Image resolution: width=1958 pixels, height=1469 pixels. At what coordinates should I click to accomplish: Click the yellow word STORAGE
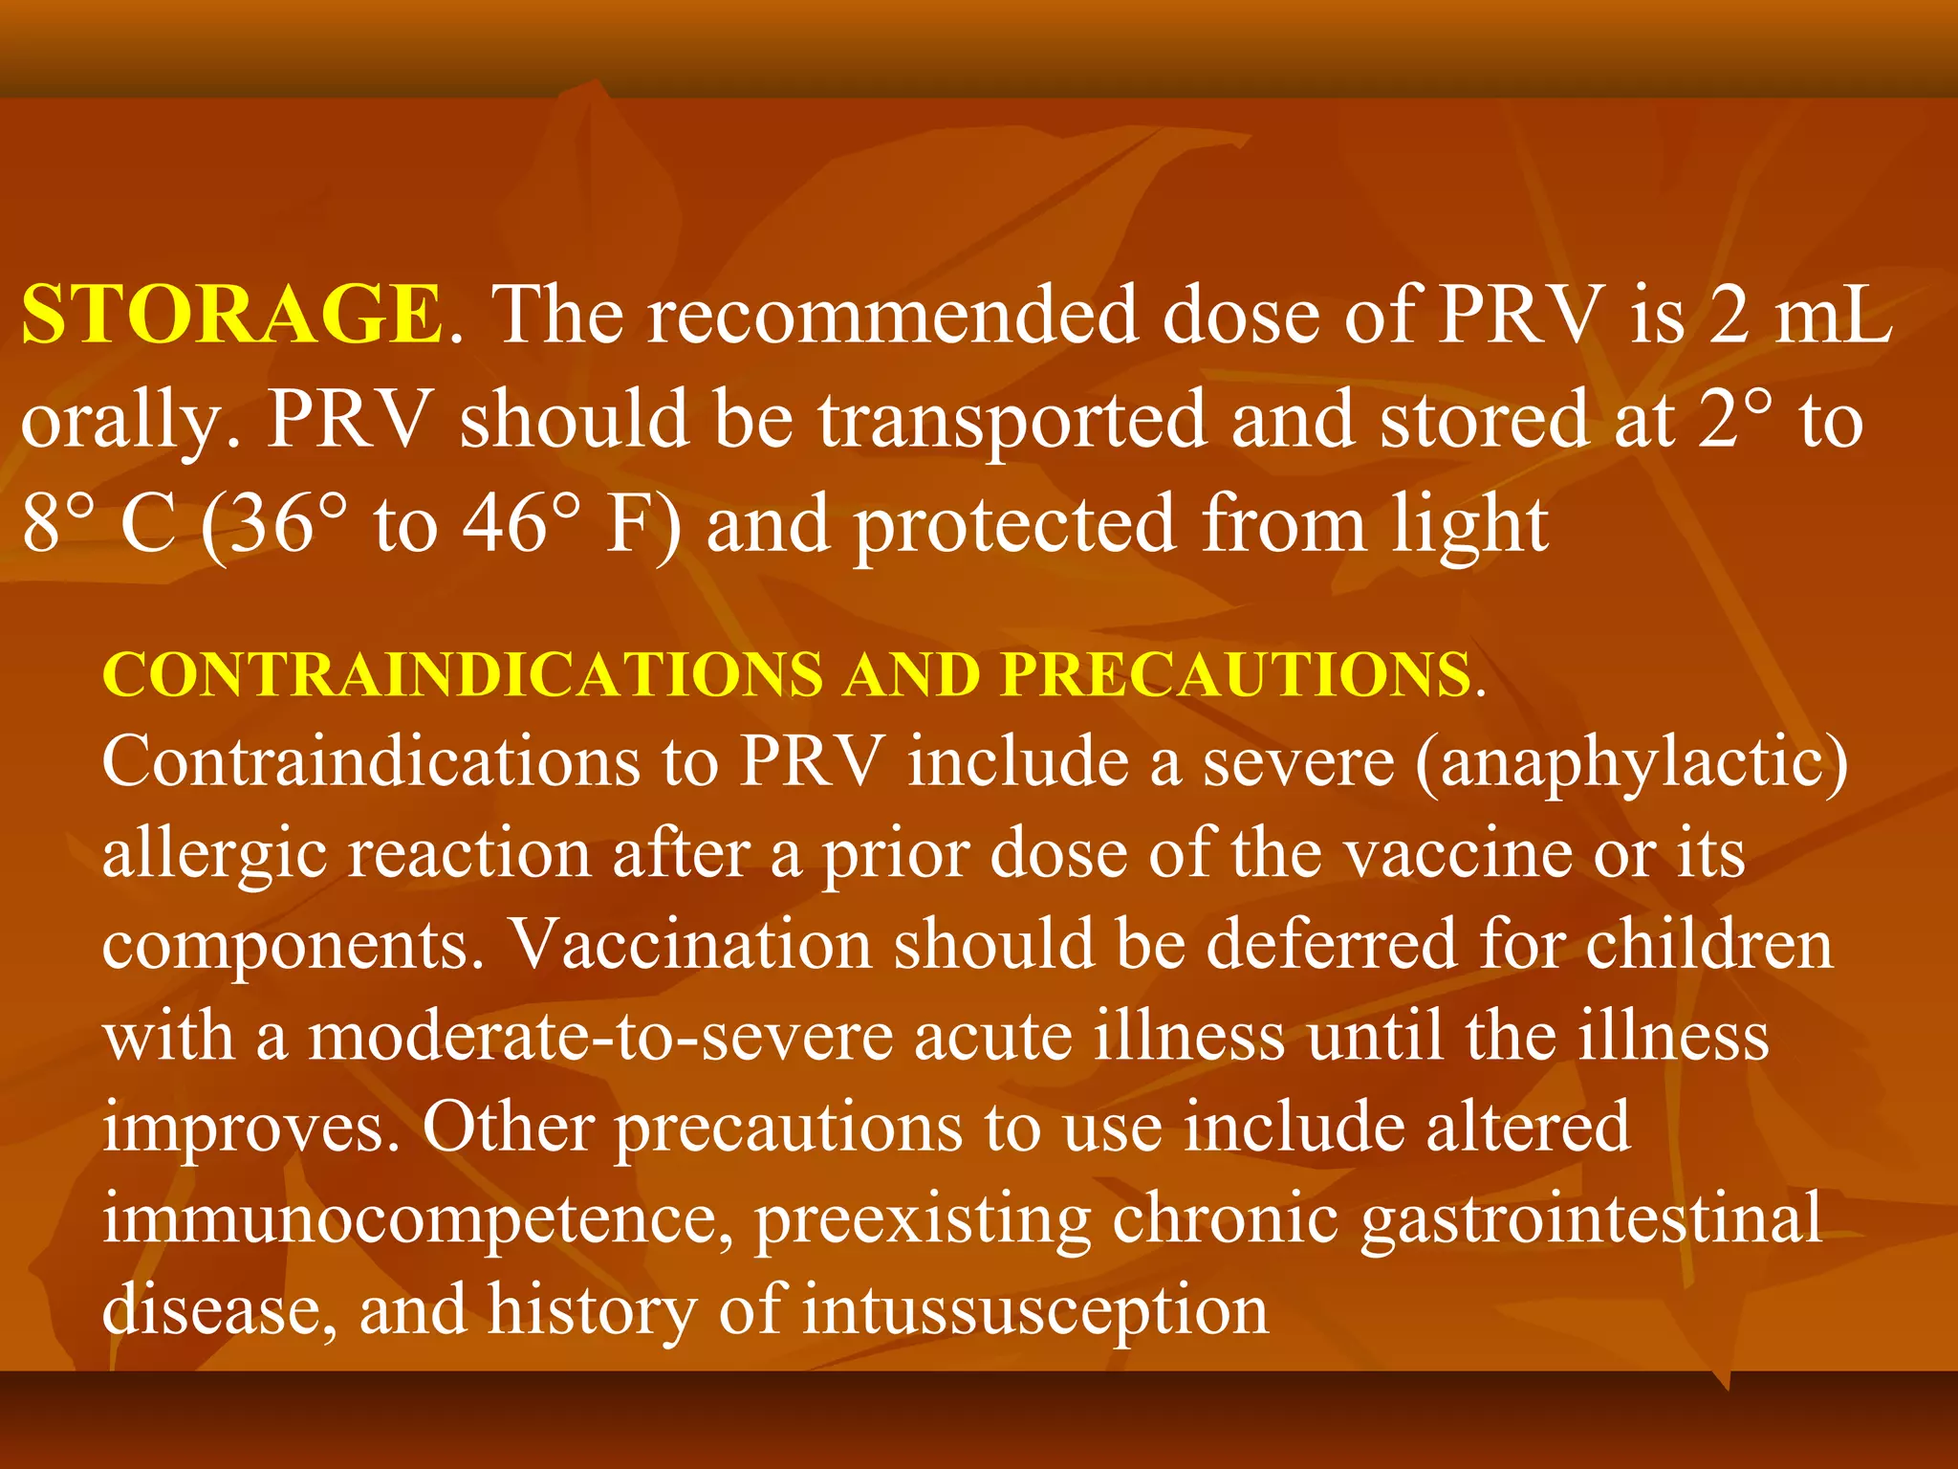[x=232, y=316]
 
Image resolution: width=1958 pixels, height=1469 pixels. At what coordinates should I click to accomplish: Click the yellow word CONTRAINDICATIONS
[x=463, y=675]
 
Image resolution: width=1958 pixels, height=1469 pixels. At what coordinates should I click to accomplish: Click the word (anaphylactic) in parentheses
[x=1631, y=763]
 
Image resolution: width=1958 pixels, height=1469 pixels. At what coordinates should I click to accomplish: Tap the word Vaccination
[x=690, y=945]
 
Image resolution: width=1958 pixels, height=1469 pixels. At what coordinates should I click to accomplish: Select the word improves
[x=250, y=1129]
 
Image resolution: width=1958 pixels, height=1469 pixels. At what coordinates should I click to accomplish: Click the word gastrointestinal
[x=1592, y=1220]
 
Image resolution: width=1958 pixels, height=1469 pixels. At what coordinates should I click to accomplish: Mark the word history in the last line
[x=592, y=1310]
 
